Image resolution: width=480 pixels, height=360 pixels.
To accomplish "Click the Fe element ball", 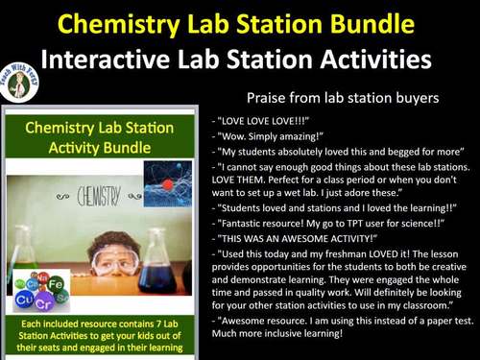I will (x=55, y=285).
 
